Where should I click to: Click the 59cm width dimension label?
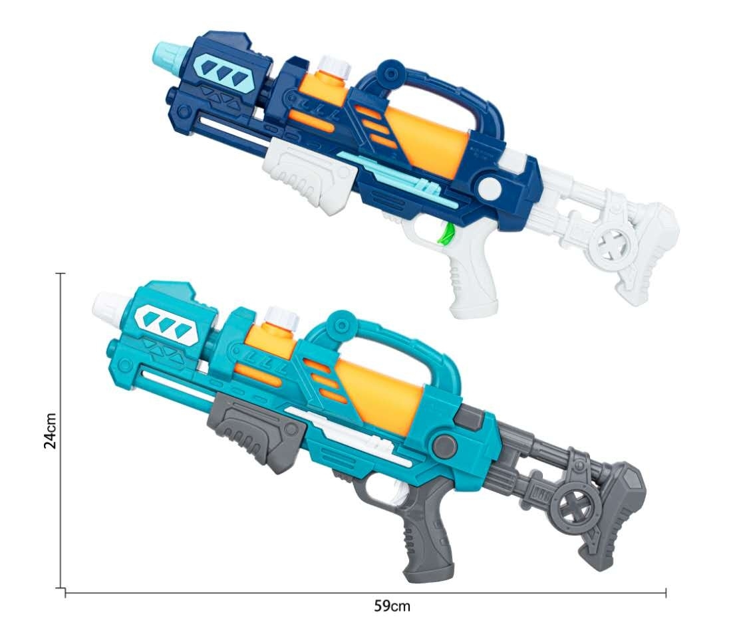(x=392, y=606)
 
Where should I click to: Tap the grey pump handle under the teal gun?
(x=257, y=431)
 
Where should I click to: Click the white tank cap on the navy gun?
(x=333, y=68)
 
